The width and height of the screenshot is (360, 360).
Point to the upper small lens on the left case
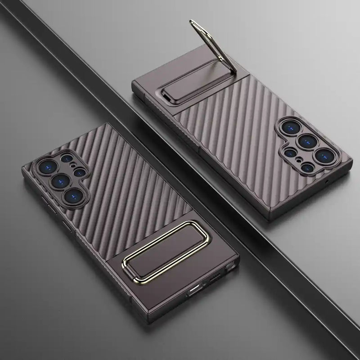click(x=66, y=159)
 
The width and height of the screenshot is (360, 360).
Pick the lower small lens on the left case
click(x=81, y=172)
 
